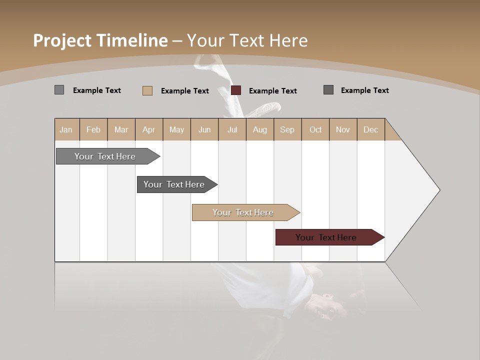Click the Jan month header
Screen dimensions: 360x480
66,129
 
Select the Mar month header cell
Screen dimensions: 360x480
121,129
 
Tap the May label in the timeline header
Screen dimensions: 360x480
176,129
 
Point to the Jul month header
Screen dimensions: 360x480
232,129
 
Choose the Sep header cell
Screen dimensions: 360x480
287,129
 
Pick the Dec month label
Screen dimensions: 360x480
370,129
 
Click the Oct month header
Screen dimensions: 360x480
315,129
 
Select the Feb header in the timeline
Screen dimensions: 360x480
93,129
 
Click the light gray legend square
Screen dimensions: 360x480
59,90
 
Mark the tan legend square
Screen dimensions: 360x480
147,90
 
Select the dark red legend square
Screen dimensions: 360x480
236,90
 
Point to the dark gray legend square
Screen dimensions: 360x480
328,90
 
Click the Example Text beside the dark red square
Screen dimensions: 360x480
272,91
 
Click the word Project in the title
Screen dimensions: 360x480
63,40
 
